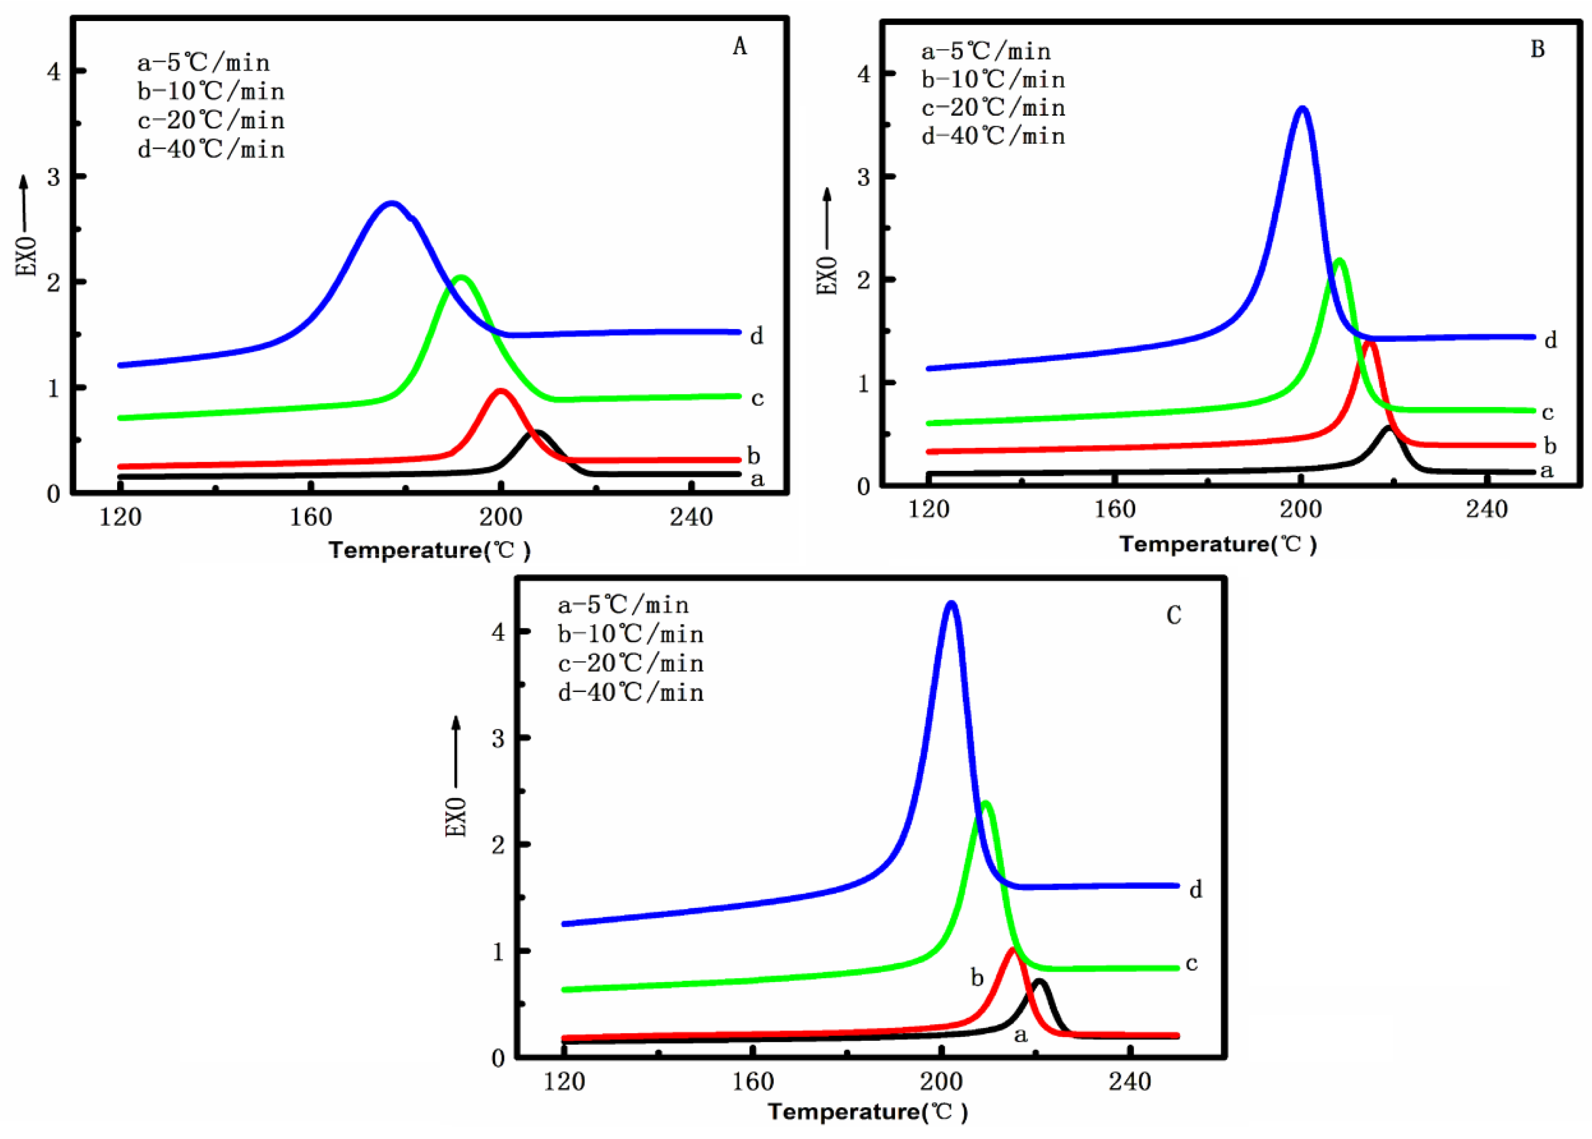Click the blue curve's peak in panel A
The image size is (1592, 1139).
click(x=392, y=204)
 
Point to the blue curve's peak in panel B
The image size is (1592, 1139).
click(x=1303, y=109)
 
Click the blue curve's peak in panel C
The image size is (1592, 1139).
click(x=951, y=603)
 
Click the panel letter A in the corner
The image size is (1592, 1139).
click(x=739, y=46)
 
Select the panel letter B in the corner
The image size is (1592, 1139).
click(x=1537, y=49)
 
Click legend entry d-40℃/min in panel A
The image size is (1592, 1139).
click(x=211, y=150)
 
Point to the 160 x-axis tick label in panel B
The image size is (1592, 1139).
click(x=1114, y=509)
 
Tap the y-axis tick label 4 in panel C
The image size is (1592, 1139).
click(x=498, y=633)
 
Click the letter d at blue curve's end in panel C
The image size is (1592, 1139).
click(x=1196, y=890)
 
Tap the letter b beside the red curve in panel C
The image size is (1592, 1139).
click(x=977, y=978)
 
